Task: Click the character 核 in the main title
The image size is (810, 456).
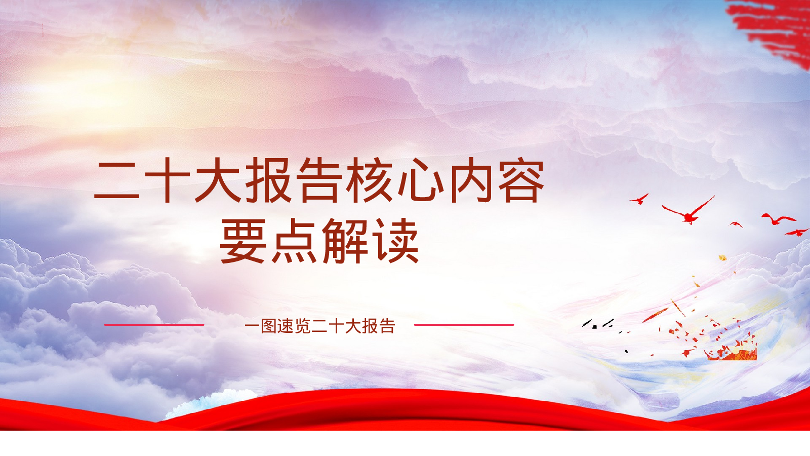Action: (370, 180)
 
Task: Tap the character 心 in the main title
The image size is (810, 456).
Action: (421, 180)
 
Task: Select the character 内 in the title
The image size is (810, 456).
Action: (471, 180)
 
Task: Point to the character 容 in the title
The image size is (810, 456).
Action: (521, 180)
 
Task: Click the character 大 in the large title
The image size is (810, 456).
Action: (218, 180)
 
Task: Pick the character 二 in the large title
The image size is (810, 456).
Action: (116, 180)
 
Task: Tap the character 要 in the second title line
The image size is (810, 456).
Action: (243, 241)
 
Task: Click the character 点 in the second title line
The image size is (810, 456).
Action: (294, 241)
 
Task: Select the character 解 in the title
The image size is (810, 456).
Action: (345, 241)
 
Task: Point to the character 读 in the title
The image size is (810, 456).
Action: (396, 241)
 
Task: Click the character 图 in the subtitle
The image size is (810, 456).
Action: (268, 326)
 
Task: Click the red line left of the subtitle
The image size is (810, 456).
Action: (154, 325)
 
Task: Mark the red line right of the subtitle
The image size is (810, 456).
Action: (464, 325)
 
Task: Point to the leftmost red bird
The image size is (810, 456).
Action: (639, 200)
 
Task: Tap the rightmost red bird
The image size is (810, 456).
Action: (797, 232)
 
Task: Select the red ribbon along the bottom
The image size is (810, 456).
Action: (405, 411)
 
